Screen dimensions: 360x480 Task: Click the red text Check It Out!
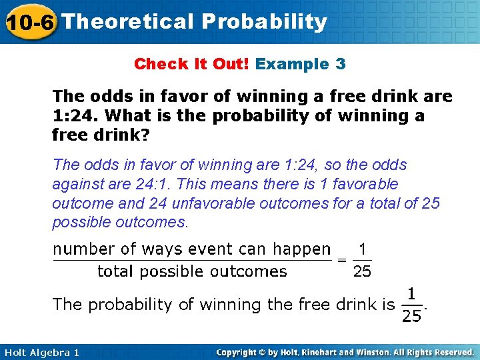pyautogui.click(x=191, y=64)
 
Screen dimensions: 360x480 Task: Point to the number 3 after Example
pyautogui.click(x=341, y=64)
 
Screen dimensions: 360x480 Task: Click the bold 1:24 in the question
pyautogui.click(x=73, y=116)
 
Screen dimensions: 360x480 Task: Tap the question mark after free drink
pyautogui.click(x=149, y=135)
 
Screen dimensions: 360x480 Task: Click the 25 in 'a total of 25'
pyautogui.click(x=431, y=203)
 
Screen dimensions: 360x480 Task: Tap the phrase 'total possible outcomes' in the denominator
pyautogui.click(x=192, y=271)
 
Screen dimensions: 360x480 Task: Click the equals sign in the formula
pyautogui.click(x=342, y=260)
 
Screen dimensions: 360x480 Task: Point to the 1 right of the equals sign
pyautogui.click(x=363, y=249)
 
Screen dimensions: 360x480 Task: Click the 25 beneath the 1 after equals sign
pyautogui.click(x=363, y=271)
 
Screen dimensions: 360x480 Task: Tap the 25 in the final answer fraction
pyautogui.click(x=411, y=316)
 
